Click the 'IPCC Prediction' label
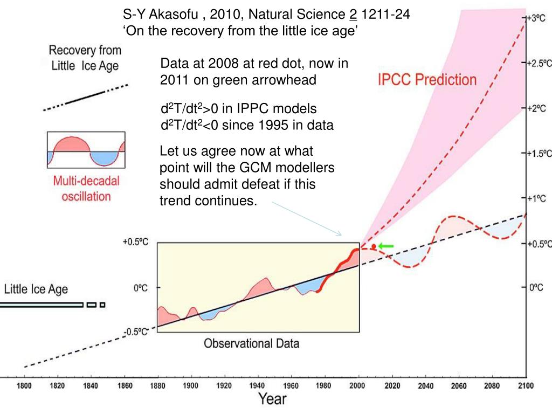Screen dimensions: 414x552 point(426,80)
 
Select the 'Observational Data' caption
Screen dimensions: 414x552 point(251,343)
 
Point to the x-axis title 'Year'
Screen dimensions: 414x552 point(272,399)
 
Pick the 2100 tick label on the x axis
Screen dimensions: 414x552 point(526,385)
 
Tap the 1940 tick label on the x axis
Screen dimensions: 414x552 point(258,385)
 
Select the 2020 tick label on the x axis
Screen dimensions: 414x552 point(392,385)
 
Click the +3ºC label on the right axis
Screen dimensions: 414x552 point(537,18)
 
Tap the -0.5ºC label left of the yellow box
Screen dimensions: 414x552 point(136,332)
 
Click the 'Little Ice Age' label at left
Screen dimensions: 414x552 point(36,289)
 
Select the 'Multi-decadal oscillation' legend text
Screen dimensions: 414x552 point(86,189)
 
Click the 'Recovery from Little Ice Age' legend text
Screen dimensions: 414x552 point(85,58)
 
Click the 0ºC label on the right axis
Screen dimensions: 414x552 point(536,288)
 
